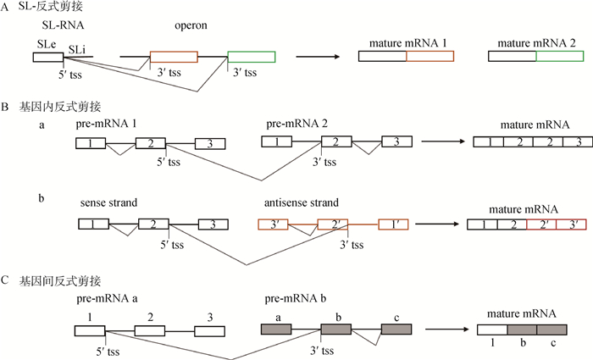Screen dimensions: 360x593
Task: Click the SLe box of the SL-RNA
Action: [47, 57]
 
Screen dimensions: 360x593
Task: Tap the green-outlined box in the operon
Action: [252, 57]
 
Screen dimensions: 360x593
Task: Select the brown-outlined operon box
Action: [174, 57]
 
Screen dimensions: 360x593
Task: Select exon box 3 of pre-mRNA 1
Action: [209, 143]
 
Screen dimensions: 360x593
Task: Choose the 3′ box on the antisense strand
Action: [274, 224]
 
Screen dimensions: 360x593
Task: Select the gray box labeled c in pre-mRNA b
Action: [396, 329]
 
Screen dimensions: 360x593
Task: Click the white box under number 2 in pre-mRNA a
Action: [149, 329]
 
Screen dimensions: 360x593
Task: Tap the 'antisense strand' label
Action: [303, 203]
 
